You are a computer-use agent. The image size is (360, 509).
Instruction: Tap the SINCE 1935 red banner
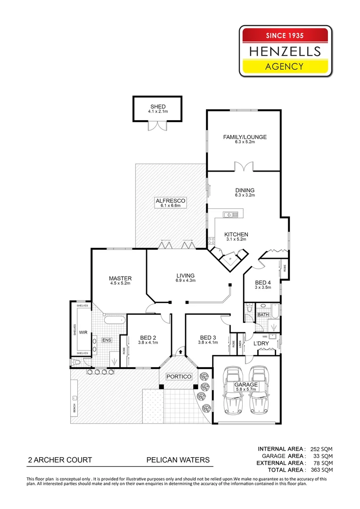click(x=286, y=35)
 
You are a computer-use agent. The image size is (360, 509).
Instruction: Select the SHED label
click(x=158, y=107)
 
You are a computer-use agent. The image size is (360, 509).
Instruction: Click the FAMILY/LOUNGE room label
click(x=245, y=137)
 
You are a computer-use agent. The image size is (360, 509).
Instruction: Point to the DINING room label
click(x=245, y=190)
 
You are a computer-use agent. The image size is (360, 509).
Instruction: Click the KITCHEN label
click(x=236, y=234)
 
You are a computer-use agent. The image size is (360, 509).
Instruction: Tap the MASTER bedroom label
click(x=120, y=278)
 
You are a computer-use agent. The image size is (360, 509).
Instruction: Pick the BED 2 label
click(x=148, y=337)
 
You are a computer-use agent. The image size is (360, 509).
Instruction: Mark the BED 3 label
click(x=208, y=337)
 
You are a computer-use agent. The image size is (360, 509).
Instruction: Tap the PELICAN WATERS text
click(x=178, y=460)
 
